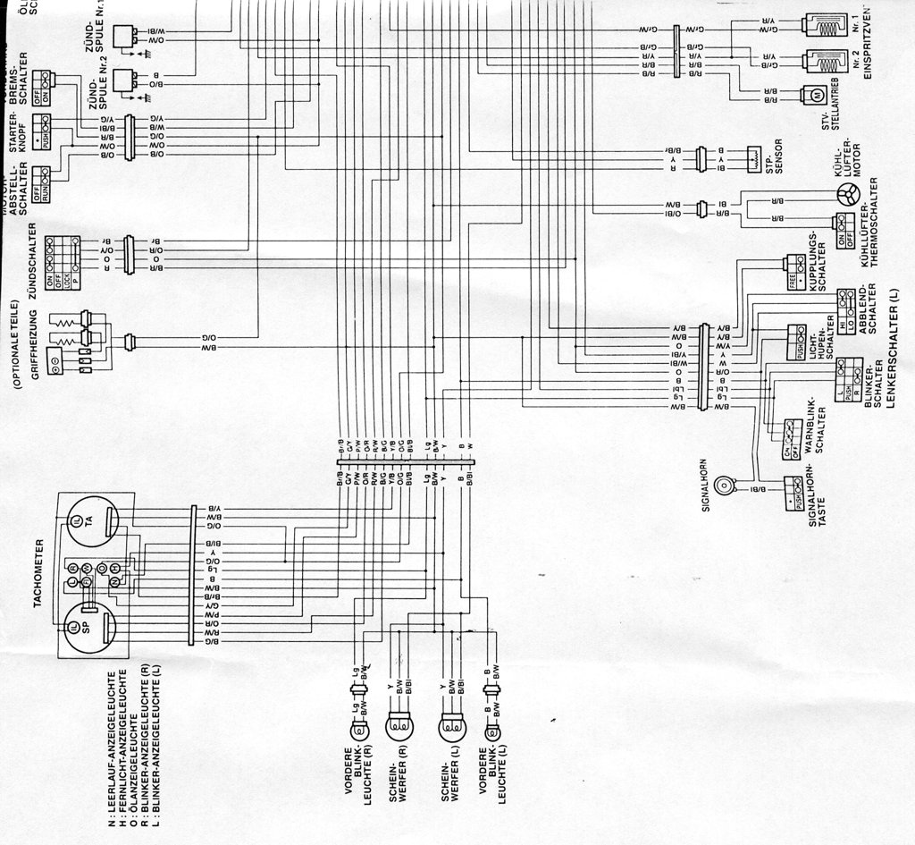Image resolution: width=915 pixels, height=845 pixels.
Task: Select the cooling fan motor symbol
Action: click(846, 195)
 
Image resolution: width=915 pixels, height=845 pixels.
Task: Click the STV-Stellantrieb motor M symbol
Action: click(815, 95)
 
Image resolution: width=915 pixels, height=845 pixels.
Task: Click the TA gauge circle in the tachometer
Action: click(89, 521)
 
